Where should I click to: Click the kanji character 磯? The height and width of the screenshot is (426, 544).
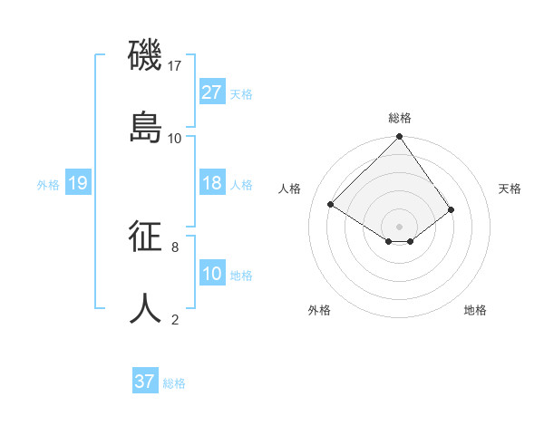point(146,55)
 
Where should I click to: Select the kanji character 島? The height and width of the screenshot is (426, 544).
point(146,127)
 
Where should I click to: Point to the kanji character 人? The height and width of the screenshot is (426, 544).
point(146,308)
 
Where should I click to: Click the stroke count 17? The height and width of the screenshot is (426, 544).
point(175,66)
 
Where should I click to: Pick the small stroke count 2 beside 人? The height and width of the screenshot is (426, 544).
point(175,319)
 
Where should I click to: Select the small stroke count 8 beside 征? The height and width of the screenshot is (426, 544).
point(175,247)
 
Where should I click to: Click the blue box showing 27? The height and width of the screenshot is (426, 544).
point(212,92)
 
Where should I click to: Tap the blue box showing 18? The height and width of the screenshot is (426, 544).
point(212,183)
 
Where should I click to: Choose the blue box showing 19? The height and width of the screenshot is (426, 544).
point(78,183)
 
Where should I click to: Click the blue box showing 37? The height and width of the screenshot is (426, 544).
point(145,382)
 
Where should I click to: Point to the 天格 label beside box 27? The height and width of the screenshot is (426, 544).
point(241,94)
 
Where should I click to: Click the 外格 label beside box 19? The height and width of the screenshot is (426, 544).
point(48,185)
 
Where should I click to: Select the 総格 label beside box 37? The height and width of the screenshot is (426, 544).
point(174,383)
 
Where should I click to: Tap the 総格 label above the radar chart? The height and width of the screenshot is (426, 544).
point(400,118)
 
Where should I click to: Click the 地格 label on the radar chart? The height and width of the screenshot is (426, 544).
point(475,311)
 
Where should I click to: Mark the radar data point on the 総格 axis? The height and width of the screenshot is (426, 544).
point(400,138)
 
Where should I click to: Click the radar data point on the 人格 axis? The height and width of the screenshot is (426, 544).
point(331,204)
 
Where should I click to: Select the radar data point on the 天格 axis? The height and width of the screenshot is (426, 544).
point(452,209)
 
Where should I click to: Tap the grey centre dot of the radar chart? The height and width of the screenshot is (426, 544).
point(400,226)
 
